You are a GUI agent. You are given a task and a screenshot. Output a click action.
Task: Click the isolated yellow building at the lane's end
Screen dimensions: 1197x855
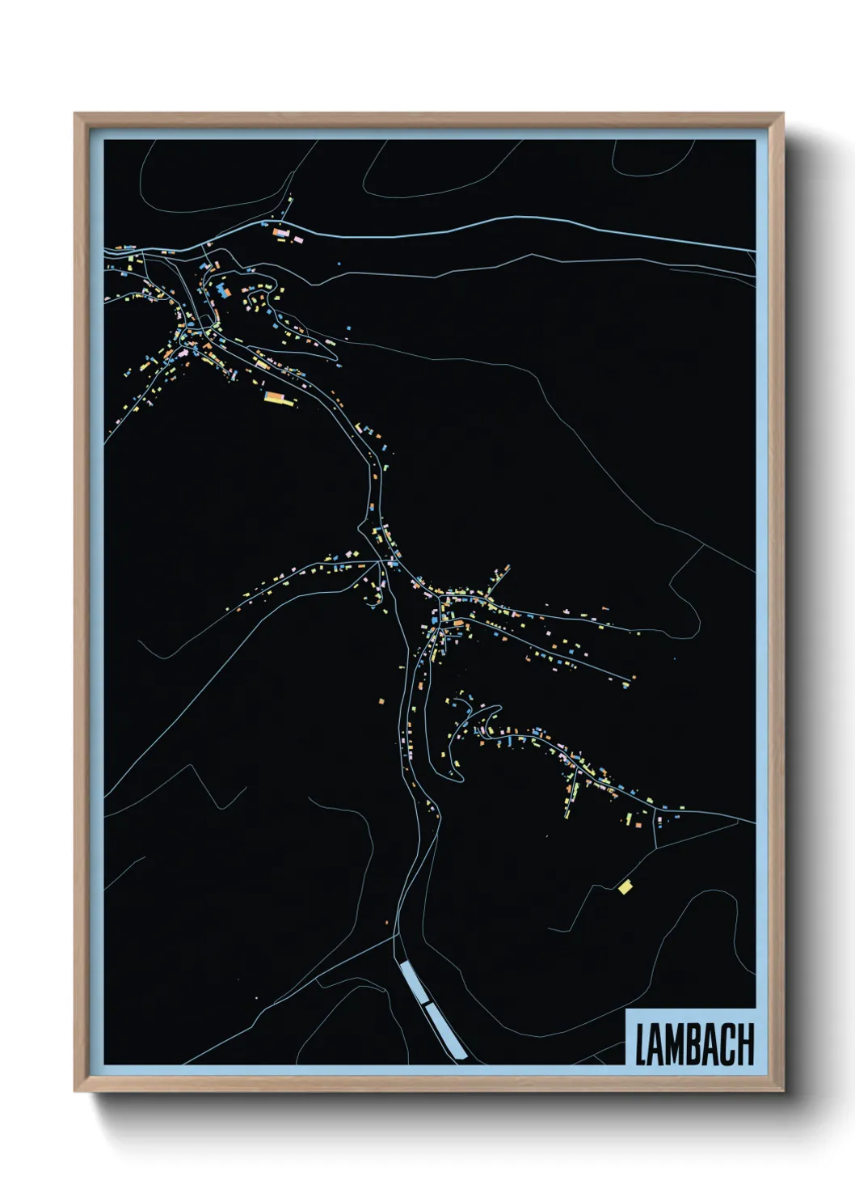coord(625,887)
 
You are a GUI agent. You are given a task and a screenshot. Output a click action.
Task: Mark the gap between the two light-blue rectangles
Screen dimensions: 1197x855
coord(427,1003)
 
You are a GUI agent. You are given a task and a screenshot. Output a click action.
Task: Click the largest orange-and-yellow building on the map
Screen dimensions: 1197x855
coord(276,396)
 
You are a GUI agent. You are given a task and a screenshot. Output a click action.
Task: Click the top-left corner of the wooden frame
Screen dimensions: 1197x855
coord(75,114)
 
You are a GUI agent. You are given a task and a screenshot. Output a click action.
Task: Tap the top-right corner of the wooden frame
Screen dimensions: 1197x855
coord(783,114)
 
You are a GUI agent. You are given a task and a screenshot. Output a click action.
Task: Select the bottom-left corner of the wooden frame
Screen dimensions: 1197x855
coord(75,1091)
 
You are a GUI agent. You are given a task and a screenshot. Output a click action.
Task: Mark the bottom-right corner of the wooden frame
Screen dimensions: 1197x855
coord(783,1091)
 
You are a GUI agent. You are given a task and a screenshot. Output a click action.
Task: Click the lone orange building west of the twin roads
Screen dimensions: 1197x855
coord(381,700)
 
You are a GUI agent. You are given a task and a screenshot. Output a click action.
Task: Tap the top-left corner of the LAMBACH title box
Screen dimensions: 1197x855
coord(627,1009)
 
